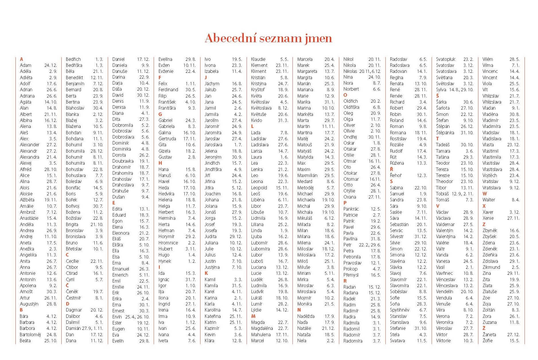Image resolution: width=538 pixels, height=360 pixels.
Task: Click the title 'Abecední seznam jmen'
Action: pos(268,38)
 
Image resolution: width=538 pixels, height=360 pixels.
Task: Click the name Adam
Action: pos(26,65)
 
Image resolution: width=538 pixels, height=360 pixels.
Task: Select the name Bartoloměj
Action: pos(30,335)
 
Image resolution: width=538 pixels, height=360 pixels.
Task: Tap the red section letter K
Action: pos(206,273)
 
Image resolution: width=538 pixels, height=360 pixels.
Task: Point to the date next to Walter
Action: pos(515,200)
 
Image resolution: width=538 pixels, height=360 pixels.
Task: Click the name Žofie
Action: pos(488,341)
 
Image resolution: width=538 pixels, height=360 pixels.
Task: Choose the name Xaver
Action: pos(488,212)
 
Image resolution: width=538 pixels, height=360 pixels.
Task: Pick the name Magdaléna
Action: pos(262,328)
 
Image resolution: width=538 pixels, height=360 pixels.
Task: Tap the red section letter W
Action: pos(485,194)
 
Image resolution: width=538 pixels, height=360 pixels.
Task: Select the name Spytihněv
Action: pos(399,310)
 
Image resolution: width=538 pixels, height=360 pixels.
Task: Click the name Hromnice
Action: pos(168,243)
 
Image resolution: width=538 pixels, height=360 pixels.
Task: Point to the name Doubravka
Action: pos(123,161)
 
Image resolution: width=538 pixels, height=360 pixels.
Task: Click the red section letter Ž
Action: pos(484,328)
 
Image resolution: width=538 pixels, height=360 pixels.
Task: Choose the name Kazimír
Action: pos(212,328)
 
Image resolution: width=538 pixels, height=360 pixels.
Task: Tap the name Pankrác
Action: pos(351,209)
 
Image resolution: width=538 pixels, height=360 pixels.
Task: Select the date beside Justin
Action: pos(237,261)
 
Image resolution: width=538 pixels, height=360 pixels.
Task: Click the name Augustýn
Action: pos(29,304)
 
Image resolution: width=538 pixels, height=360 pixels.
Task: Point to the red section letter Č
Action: pos(67,285)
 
